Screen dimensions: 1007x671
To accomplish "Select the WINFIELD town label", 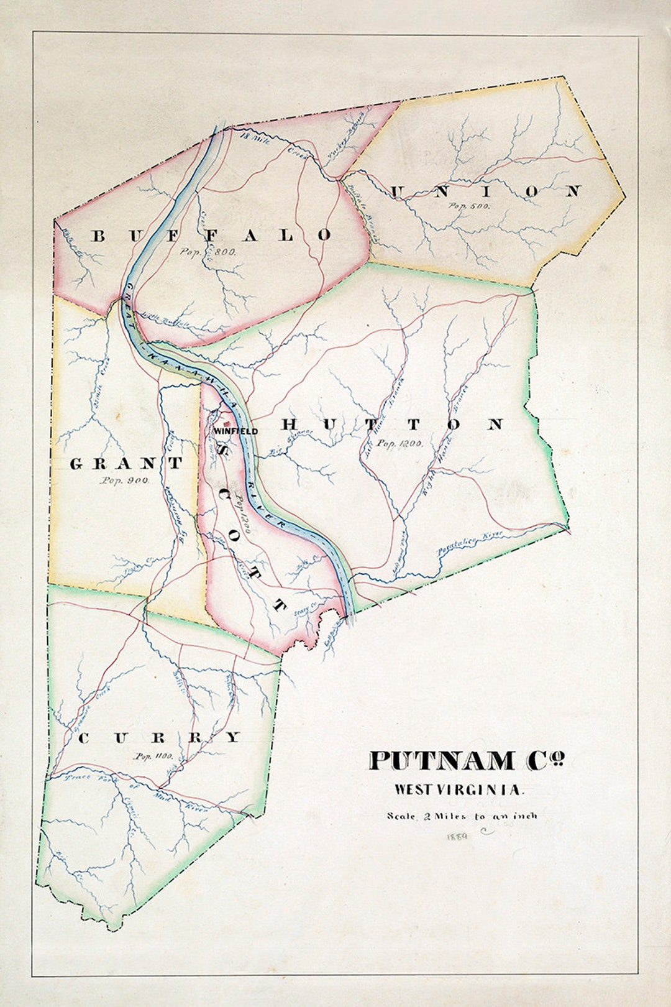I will [x=235, y=431].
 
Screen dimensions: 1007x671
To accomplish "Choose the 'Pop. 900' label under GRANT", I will [x=124, y=480].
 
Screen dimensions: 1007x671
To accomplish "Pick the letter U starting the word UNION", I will [x=396, y=191].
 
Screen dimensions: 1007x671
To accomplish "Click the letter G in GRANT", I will [x=76, y=464].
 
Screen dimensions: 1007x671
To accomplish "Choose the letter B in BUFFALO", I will [x=99, y=236].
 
